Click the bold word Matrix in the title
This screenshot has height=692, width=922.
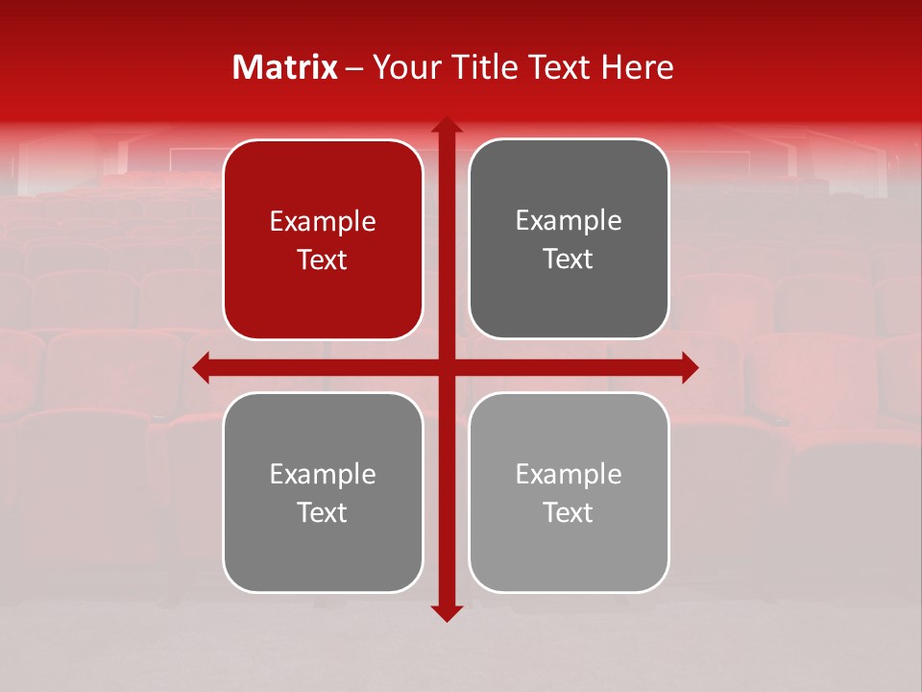coord(285,67)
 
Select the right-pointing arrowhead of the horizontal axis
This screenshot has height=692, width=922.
coord(690,367)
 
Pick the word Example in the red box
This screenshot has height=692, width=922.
coord(323,222)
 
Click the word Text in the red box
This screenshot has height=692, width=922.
coord(323,260)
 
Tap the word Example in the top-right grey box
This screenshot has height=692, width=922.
coord(569,221)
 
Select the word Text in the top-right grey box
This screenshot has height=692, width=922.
coord(569,259)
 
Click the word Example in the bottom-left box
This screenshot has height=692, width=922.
coord(323,475)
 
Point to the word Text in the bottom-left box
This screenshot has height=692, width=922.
coord(323,513)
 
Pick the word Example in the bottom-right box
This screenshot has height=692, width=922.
coord(569,475)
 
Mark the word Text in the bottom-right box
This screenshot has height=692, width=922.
coord(569,513)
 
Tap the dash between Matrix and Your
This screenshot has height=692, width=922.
coord(354,69)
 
